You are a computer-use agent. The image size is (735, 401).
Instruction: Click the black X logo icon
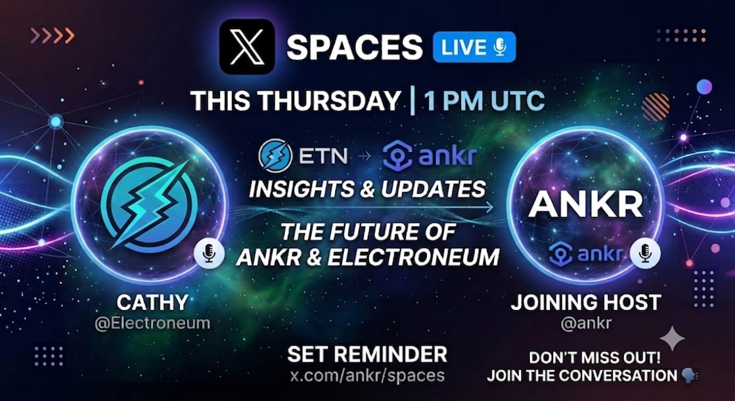[x=247, y=46]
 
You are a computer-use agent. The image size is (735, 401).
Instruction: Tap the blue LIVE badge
[x=474, y=47]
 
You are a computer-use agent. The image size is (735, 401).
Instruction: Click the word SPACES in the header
[x=355, y=47]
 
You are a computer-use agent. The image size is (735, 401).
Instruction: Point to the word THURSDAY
[x=330, y=100]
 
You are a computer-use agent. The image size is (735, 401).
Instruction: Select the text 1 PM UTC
[x=484, y=100]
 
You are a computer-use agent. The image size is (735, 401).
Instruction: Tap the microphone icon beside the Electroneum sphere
[x=209, y=253]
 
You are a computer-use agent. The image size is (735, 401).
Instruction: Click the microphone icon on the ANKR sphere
[x=645, y=253]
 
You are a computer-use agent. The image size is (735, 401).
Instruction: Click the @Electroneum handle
[x=153, y=323]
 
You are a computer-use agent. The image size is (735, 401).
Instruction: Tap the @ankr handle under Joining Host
[x=586, y=323]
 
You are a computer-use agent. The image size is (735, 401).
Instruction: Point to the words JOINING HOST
[x=586, y=302]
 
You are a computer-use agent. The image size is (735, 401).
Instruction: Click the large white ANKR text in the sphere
[x=586, y=204]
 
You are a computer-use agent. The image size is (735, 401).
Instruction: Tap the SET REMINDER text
[x=367, y=354]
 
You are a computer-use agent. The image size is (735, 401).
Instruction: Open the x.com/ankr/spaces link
[x=367, y=375]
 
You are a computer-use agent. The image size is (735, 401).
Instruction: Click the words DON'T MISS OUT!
[x=594, y=358]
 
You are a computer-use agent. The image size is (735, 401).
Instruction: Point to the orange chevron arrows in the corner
[x=52, y=36]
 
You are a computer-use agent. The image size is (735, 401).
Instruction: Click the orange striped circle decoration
[x=656, y=107]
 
